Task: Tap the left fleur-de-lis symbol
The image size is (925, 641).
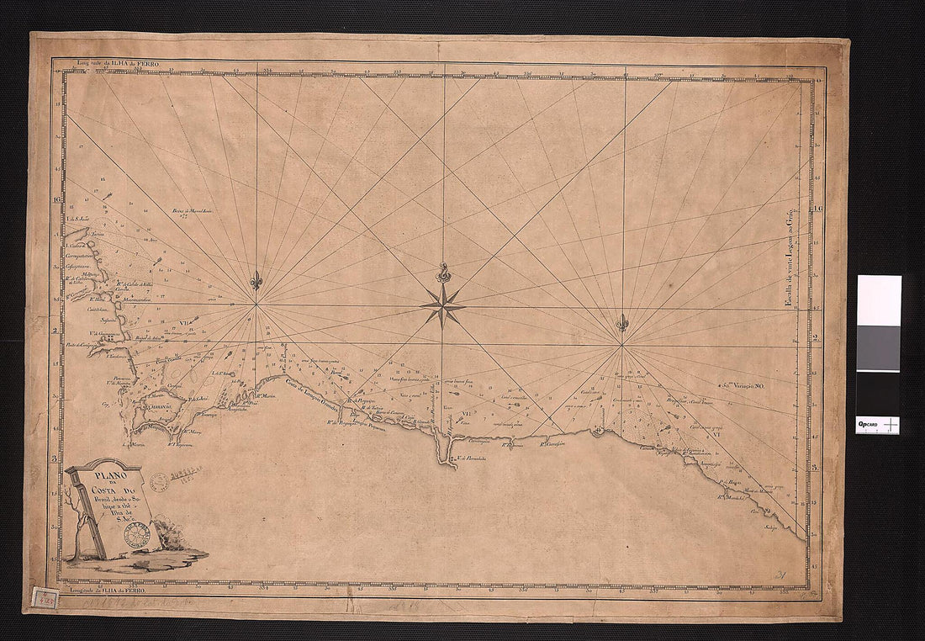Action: click(x=256, y=282)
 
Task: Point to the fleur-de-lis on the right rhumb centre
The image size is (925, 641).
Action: click(x=622, y=323)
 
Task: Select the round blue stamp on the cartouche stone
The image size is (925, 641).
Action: click(x=136, y=533)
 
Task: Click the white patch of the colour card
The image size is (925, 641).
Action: click(x=878, y=300)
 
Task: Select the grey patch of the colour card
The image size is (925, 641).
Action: click(x=878, y=347)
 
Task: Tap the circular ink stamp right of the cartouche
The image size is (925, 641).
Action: click(x=158, y=482)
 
